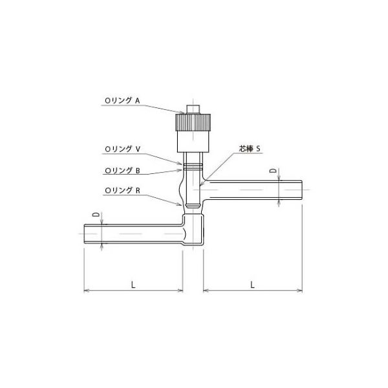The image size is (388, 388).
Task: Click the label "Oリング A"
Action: pyautogui.click(x=122, y=100)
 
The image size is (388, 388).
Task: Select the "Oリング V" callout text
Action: pyautogui.click(x=122, y=148)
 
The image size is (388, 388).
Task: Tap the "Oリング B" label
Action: pyautogui.click(x=122, y=171)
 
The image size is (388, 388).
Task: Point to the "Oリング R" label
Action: pyautogui.click(x=122, y=191)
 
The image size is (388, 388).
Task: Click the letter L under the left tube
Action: pyautogui.click(x=132, y=283)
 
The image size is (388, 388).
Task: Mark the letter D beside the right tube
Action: pyautogui.click(x=273, y=171)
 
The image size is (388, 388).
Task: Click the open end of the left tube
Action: pyautogui.click(x=85, y=233)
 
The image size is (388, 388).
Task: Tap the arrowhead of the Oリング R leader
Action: pyautogui.click(x=184, y=206)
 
